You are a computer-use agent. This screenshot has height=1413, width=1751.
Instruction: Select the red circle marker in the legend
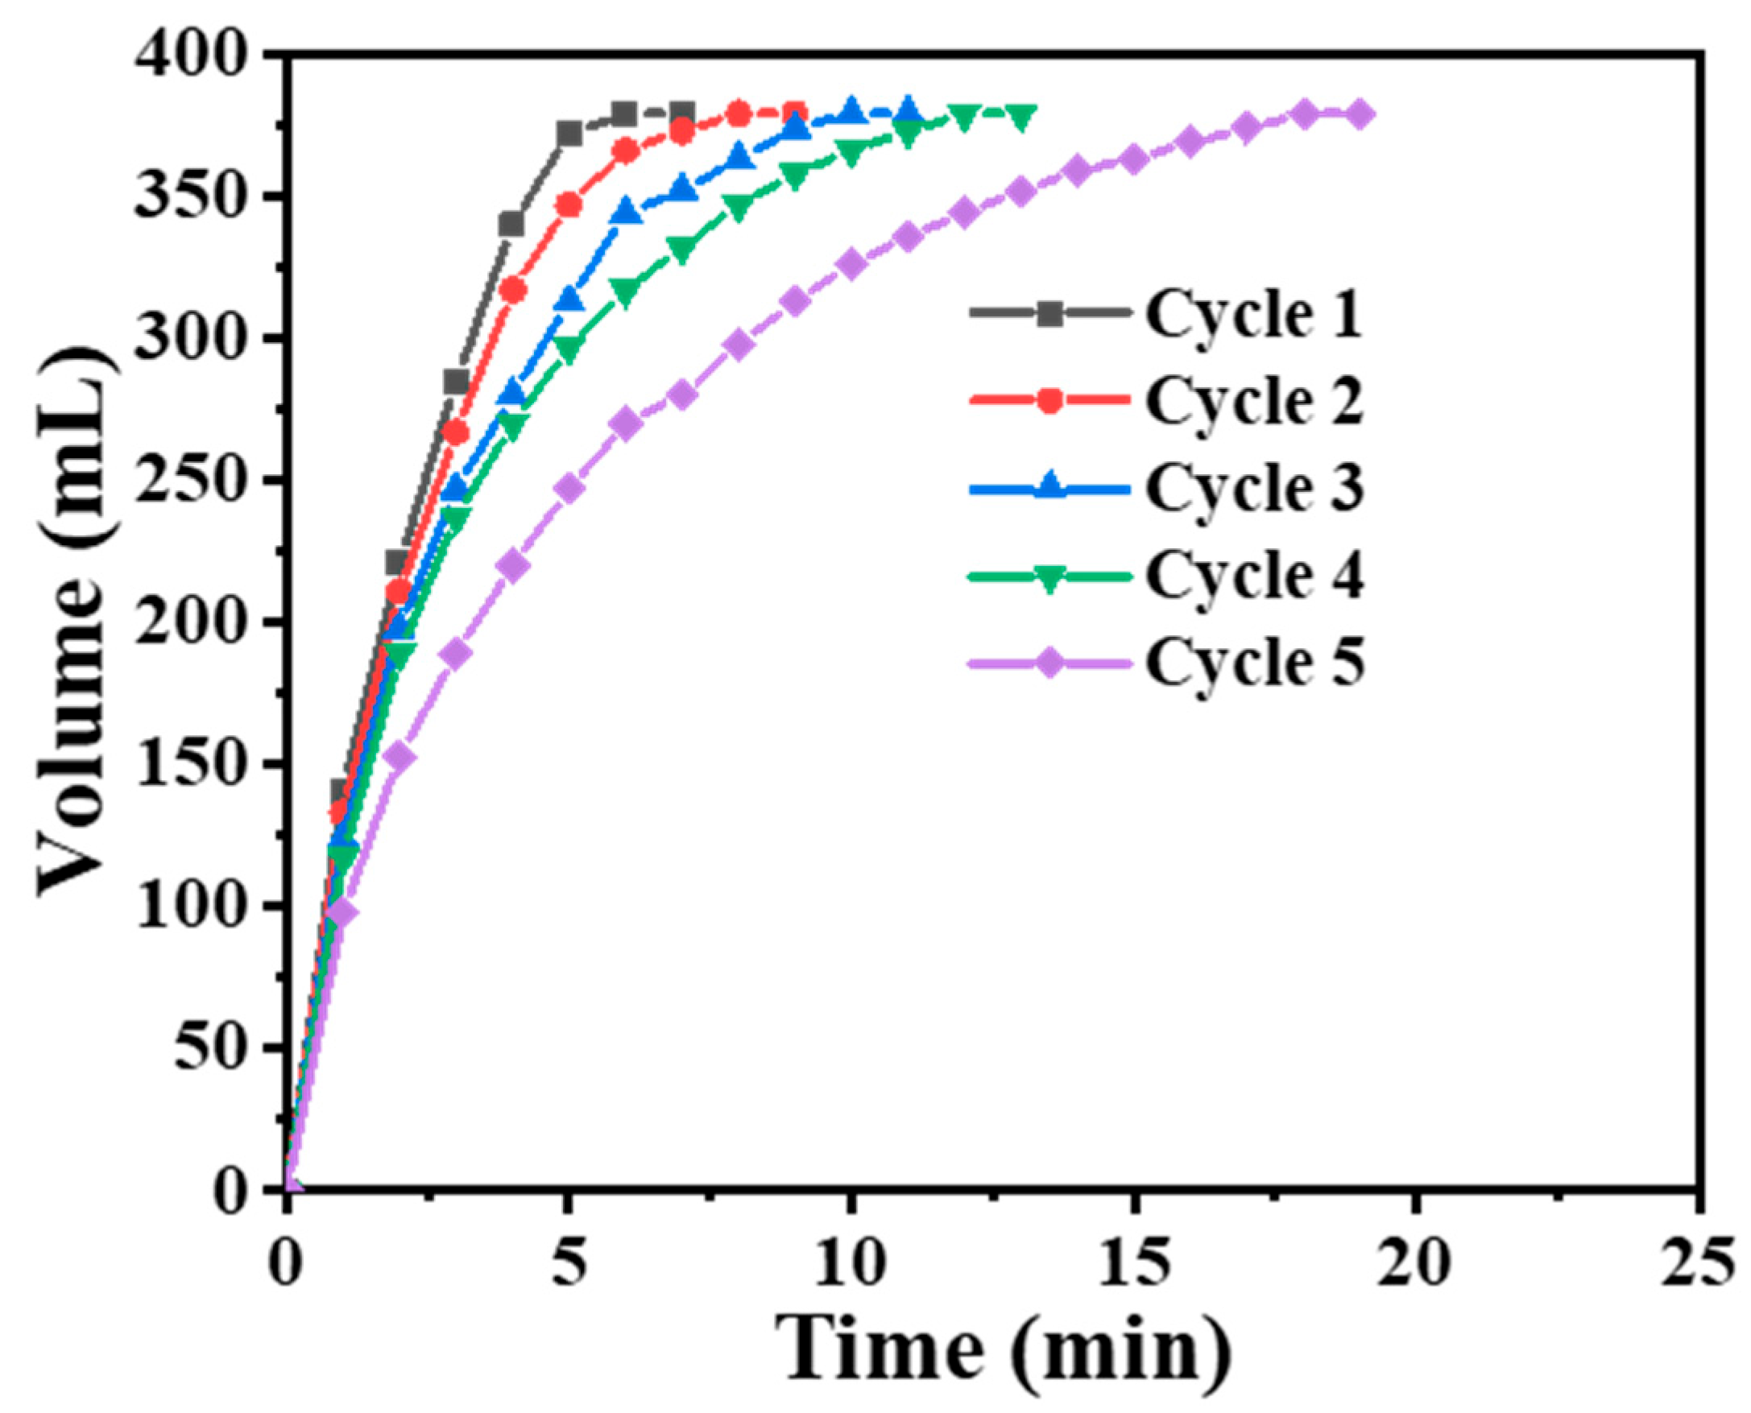point(1050,400)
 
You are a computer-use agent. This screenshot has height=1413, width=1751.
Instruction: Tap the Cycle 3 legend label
point(1253,488)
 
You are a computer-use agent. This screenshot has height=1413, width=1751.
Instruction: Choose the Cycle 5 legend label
point(1253,663)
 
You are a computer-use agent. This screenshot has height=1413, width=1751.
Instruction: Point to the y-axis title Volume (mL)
point(77,622)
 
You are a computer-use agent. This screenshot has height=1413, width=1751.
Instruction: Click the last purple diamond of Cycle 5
point(1359,114)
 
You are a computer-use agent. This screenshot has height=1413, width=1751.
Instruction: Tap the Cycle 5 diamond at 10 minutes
point(851,265)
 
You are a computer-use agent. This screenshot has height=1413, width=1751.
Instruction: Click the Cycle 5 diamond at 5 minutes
point(569,489)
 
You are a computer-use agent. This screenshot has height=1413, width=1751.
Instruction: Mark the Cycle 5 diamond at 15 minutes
point(1133,159)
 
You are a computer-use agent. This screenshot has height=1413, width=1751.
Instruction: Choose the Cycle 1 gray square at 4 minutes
point(511,224)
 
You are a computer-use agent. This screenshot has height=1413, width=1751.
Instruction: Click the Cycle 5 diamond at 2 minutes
point(399,757)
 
